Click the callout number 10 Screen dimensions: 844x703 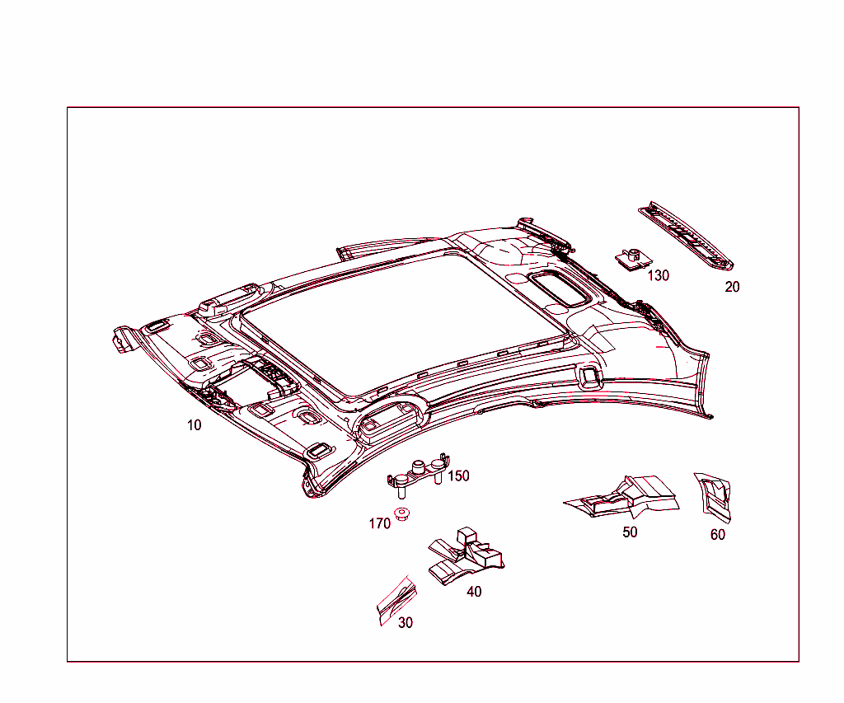(195, 425)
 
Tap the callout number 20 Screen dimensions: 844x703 (732, 287)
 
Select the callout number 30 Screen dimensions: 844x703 (406, 623)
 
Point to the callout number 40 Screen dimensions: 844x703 (474, 592)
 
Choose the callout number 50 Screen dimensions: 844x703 (630, 532)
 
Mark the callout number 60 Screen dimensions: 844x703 (718, 535)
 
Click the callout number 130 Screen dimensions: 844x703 (658, 275)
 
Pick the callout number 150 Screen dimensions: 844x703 (458, 476)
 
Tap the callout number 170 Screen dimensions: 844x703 (379, 523)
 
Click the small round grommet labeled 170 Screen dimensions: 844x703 (401, 513)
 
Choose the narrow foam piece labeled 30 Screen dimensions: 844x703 (397, 600)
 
